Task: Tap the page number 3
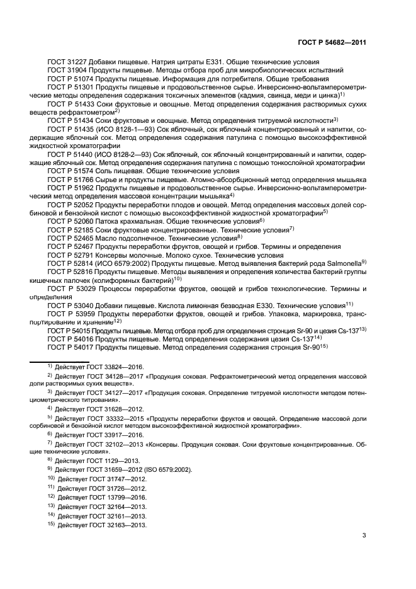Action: point(364,536)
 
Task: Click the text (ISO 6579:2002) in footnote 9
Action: point(164,470)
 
